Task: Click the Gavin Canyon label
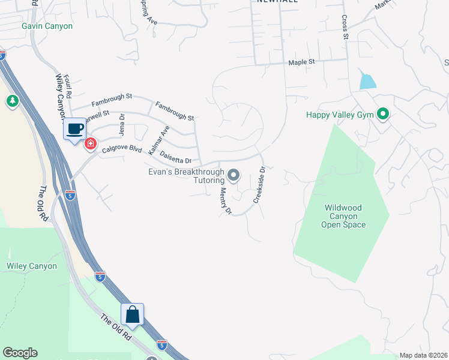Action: [47, 26]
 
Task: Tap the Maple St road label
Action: [301, 62]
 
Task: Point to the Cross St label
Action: [345, 28]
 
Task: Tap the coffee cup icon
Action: [75, 128]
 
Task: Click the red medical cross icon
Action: [91, 144]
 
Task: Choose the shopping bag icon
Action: [132, 314]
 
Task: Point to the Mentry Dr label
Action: [225, 201]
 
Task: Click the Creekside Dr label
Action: [259, 185]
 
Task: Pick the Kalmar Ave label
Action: [159, 141]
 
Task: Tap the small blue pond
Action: [367, 81]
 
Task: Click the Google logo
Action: [20, 353]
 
